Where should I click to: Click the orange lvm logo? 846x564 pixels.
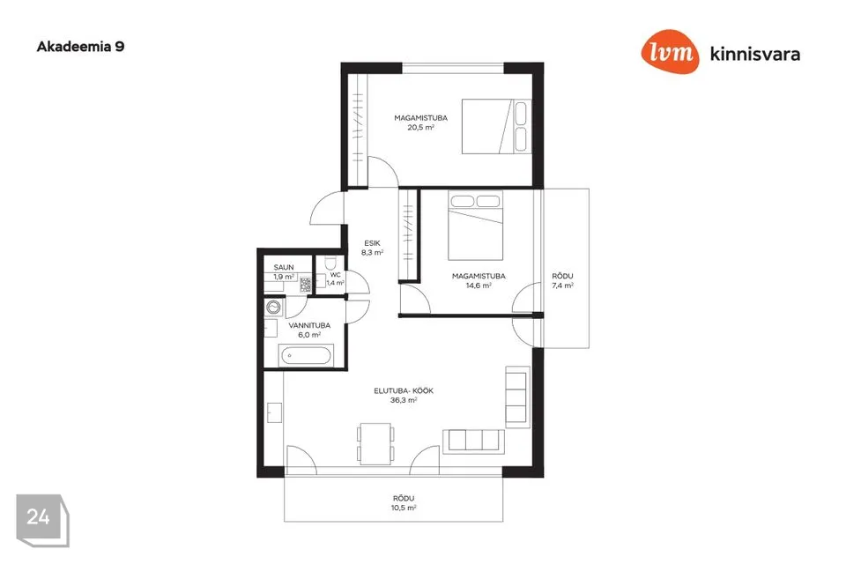[670, 51]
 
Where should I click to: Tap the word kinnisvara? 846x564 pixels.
[755, 54]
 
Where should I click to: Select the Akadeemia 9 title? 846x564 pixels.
[80, 47]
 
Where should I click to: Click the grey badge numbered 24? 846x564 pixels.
[42, 520]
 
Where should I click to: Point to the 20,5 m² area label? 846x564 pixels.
[421, 128]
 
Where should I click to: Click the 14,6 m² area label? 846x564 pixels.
[479, 286]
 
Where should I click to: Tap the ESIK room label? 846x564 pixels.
[372, 243]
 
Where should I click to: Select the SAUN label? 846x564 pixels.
[284, 267]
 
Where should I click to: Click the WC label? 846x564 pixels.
[335, 275]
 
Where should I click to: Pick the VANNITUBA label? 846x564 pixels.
[309, 325]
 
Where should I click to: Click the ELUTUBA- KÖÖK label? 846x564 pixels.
[404, 390]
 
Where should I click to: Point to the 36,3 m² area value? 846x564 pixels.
[404, 400]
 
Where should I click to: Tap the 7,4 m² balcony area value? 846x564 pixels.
[563, 286]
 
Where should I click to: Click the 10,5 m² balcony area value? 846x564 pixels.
[404, 508]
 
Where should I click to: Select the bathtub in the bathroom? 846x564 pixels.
[306, 356]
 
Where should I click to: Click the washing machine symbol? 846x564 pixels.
[274, 308]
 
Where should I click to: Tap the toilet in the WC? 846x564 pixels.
[330, 263]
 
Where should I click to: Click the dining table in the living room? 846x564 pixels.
[375, 443]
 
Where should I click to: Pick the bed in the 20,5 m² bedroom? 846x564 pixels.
[496, 126]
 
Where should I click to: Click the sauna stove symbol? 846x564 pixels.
[306, 285]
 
